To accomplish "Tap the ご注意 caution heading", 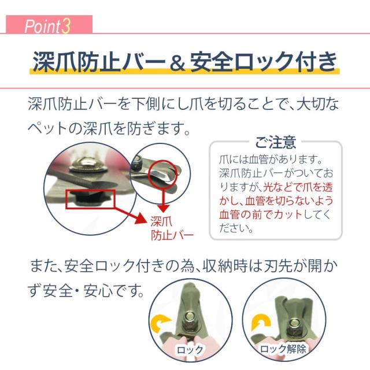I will tap(275, 141).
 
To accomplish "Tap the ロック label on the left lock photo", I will tap(190, 349).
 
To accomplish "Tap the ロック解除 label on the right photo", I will tap(283, 349).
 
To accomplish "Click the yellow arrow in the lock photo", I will tap(161, 324).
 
